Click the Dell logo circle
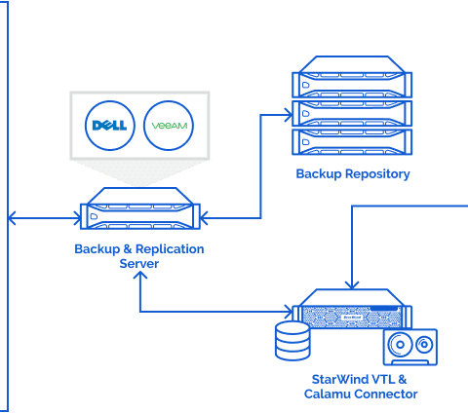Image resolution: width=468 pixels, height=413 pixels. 110,126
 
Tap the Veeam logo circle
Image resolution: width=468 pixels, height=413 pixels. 169,126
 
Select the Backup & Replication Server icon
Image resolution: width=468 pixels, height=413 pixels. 140,208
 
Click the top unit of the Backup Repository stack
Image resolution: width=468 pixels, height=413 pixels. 352,77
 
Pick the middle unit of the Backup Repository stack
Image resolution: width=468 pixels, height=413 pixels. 352,113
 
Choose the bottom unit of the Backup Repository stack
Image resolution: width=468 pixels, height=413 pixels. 352,142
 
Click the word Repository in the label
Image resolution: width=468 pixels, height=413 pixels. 377,174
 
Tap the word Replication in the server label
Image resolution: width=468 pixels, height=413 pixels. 170,249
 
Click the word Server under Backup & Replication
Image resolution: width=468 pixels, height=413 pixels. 139,263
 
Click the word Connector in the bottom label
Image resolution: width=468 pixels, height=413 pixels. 386,394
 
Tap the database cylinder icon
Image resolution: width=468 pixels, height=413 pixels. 292,341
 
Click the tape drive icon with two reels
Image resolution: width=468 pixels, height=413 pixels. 410,347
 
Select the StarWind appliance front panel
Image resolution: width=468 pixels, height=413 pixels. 352,317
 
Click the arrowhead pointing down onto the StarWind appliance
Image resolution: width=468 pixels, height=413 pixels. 352,284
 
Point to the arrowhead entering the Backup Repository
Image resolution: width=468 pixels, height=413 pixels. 289,115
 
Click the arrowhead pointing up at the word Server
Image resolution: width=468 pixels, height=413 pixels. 140,275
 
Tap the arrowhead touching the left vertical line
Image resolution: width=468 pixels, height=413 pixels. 12,218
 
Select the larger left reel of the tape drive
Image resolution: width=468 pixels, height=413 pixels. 400,345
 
